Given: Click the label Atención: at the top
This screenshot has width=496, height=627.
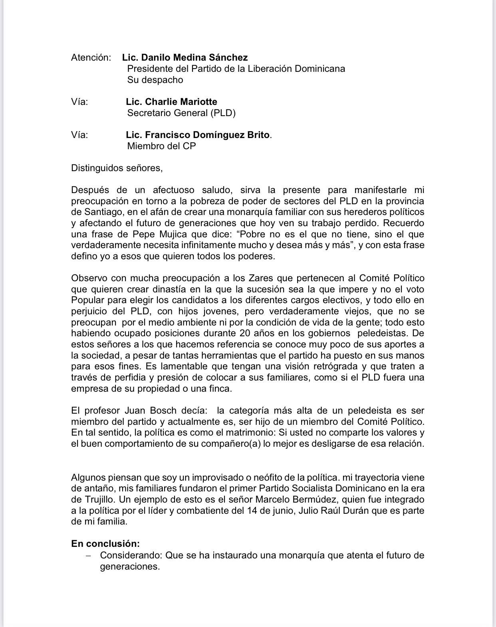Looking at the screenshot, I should point(91,57).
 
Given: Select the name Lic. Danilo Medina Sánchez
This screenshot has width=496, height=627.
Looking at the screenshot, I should point(185,57).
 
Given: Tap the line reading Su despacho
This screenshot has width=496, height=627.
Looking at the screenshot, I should point(155,80).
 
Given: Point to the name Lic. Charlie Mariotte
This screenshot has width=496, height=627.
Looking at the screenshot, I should point(171,102).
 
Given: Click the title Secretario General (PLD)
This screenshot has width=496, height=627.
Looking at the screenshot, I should point(181,113).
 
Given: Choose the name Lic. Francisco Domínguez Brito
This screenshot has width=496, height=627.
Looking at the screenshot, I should point(198,135).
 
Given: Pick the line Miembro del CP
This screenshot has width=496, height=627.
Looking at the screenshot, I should point(161,146).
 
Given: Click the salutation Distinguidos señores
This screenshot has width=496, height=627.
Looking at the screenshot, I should point(117,168).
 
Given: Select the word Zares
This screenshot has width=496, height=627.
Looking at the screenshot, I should point(250,278).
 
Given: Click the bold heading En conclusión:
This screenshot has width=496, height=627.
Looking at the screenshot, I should point(105,544).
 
